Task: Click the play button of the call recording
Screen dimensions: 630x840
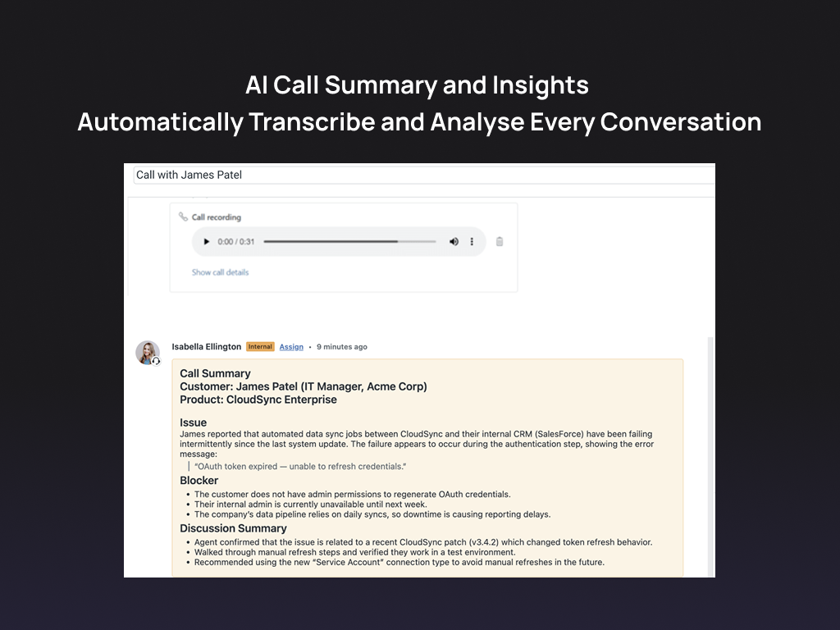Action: point(206,242)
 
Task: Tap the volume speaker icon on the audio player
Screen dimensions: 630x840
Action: point(454,242)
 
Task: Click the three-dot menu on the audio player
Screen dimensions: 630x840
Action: point(472,242)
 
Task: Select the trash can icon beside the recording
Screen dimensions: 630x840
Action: point(500,242)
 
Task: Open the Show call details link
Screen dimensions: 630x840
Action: point(220,272)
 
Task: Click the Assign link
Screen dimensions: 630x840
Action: point(291,347)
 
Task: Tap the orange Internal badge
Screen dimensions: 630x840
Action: point(260,347)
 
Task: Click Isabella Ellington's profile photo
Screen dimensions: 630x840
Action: point(148,353)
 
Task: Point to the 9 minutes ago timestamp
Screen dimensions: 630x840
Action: point(342,347)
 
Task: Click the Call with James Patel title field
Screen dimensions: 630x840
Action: point(410,175)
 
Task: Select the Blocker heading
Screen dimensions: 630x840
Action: point(199,481)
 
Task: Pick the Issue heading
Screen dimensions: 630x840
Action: point(194,422)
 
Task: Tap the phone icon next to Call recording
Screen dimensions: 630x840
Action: point(183,217)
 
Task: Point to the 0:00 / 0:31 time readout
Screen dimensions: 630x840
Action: point(236,242)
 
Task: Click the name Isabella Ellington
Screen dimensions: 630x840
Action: point(206,347)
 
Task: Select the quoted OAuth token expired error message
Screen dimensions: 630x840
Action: point(300,467)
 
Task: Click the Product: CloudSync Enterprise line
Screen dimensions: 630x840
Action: point(258,399)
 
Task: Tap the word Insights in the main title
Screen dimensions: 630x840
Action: point(541,85)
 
